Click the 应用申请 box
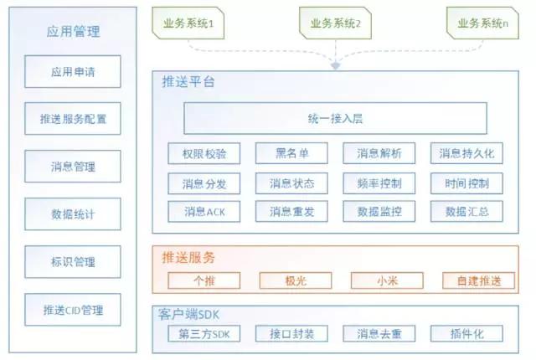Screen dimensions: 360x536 (x=73, y=72)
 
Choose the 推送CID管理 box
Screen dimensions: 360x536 (x=73, y=311)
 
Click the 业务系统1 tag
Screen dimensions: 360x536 (x=188, y=24)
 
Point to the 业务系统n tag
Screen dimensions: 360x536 (x=483, y=24)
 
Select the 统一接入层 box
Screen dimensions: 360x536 (x=335, y=118)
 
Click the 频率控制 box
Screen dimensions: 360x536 (x=379, y=183)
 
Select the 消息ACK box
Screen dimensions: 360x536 (x=204, y=211)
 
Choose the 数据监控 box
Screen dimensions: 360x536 (x=379, y=211)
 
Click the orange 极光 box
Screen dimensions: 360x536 (x=292, y=280)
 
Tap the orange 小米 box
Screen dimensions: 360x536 (x=379, y=280)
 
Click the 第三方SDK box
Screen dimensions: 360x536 (x=204, y=334)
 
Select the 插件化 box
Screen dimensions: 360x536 (x=467, y=334)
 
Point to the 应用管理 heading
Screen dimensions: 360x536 (x=73, y=32)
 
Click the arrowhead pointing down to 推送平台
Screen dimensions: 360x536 (x=335, y=64)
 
